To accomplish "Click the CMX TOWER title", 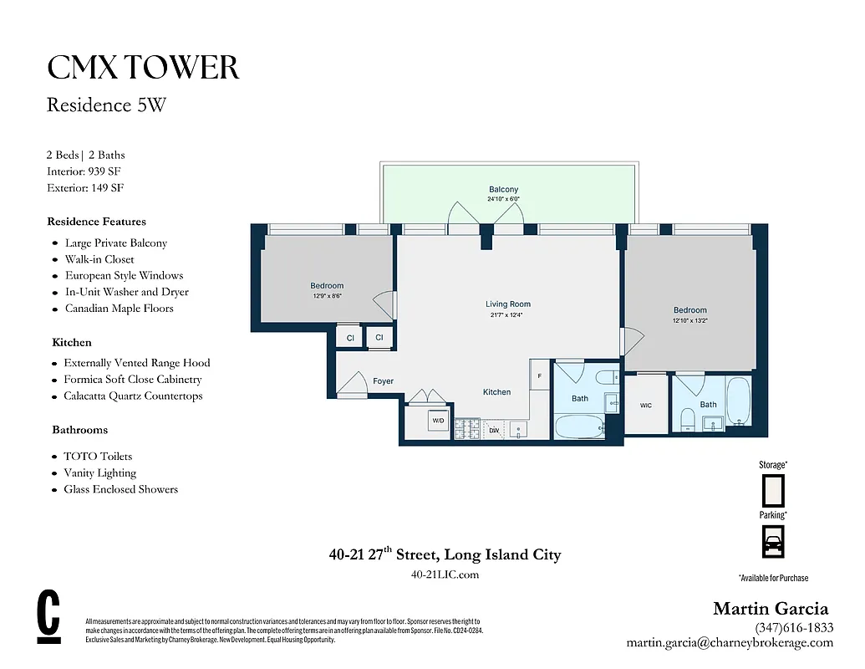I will coord(143,68).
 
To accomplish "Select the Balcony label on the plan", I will coord(503,190).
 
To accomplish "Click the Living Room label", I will coord(507,304).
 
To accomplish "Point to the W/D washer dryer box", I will coord(438,421).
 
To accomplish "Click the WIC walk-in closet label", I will coord(646,406).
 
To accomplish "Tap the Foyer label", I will coord(383,381).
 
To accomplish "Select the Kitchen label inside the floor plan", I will coord(496,392).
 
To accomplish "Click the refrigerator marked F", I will coord(540,376).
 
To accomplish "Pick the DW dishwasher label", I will coord(494,431).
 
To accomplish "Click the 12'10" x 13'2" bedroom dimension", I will coord(689,320).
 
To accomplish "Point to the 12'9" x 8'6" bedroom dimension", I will coord(327,296).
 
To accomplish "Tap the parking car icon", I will coord(773,541).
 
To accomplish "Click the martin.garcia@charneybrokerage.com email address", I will coord(730,643).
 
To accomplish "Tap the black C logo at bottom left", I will coord(49,618).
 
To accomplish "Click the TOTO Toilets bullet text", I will coord(98,457).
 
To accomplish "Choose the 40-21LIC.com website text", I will coord(445,575).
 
